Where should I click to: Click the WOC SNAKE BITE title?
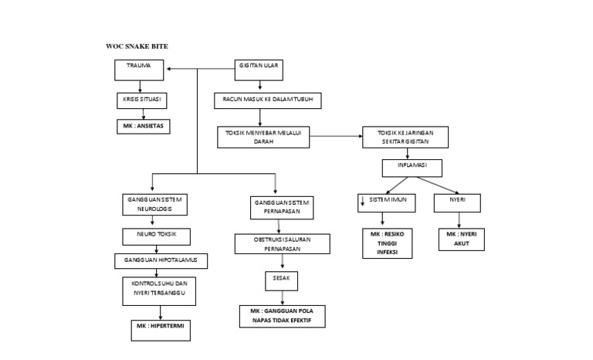tap(137, 46)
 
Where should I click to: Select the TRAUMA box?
tap(141, 70)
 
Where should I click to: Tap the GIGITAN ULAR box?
tap(259, 70)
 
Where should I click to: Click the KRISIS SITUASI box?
tap(142, 101)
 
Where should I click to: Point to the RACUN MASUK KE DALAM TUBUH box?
tap(267, 100)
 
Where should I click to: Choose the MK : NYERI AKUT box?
tap(460, 238)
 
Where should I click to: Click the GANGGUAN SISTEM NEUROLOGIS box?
tap(153, 204)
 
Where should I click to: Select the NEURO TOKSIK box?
tap(156, 236)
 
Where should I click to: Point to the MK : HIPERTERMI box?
tap(158, 330)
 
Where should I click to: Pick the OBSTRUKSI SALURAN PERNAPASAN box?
tap(283, 243)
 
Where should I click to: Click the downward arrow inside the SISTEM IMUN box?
tap(361, 203)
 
